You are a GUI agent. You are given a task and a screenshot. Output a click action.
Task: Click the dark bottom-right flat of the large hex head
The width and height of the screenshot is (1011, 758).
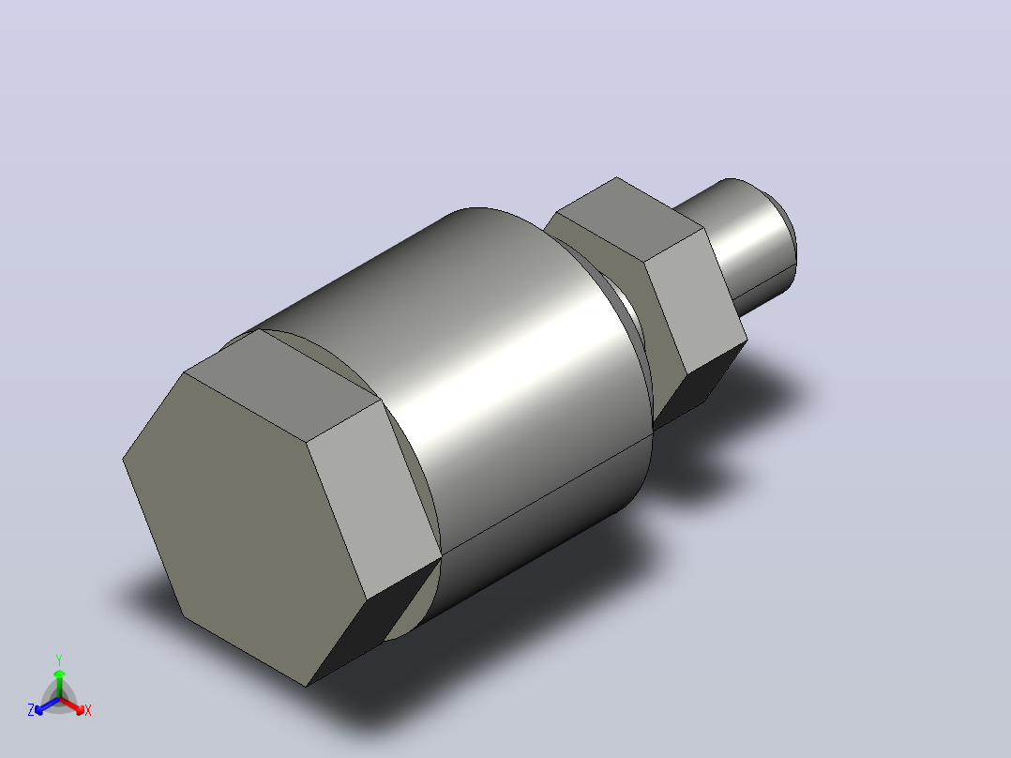(x=374, y=619)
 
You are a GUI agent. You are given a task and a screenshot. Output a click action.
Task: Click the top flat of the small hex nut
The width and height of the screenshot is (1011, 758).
(x=628, y=220)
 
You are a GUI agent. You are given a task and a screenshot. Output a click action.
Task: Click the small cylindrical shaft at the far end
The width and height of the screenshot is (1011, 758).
(x=742, y=245)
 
